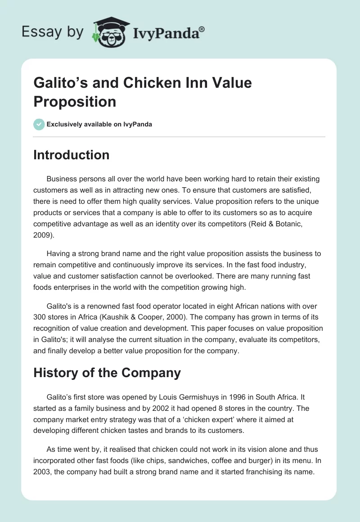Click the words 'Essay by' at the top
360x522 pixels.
click(x=53, y=32)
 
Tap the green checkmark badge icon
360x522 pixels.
click(x=39, y=124)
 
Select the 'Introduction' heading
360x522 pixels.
click(x=72, y=155)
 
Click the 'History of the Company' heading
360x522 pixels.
click(x=107, y=373)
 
